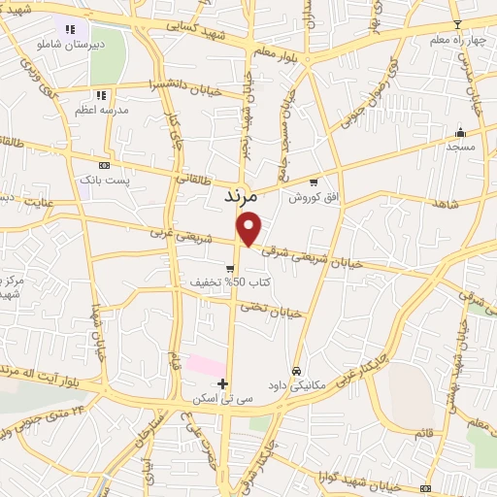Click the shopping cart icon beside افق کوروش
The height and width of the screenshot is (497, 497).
click(313, 181)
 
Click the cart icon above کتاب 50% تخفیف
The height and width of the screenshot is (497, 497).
click(230, 269)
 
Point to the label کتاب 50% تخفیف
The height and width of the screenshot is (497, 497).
click(232, 283)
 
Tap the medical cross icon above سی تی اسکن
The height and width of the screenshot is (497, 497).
click(223, 383)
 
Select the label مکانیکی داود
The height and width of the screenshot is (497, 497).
click(297, 384)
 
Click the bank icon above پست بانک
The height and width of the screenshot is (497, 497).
click(104, 165)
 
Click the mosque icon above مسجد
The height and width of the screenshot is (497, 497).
click(461, 133)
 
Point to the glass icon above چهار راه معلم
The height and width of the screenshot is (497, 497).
click(457, 23)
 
